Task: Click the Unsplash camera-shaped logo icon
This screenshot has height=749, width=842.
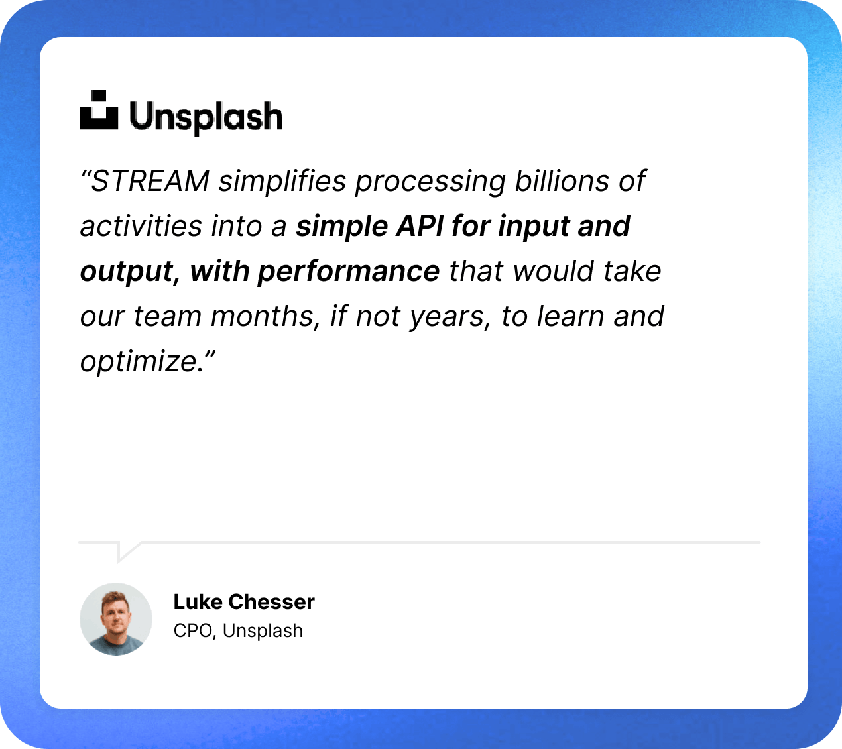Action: (x=99, y=110)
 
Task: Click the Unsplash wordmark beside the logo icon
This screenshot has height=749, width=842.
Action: (x=206, y=117)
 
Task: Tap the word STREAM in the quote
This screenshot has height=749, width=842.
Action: (x=150, y=181)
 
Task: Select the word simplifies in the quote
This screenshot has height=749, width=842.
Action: (x=282, y=181)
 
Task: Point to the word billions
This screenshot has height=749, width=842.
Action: (x=562, y=181)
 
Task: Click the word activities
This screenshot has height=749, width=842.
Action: (x=141, y=227)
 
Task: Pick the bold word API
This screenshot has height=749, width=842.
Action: (x=420, y=227)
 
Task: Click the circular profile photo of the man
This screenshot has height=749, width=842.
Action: (x=116, y=619)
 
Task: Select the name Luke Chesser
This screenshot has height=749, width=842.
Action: (x=244, y=602)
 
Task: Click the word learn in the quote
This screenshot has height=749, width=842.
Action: (x=571, y=317)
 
